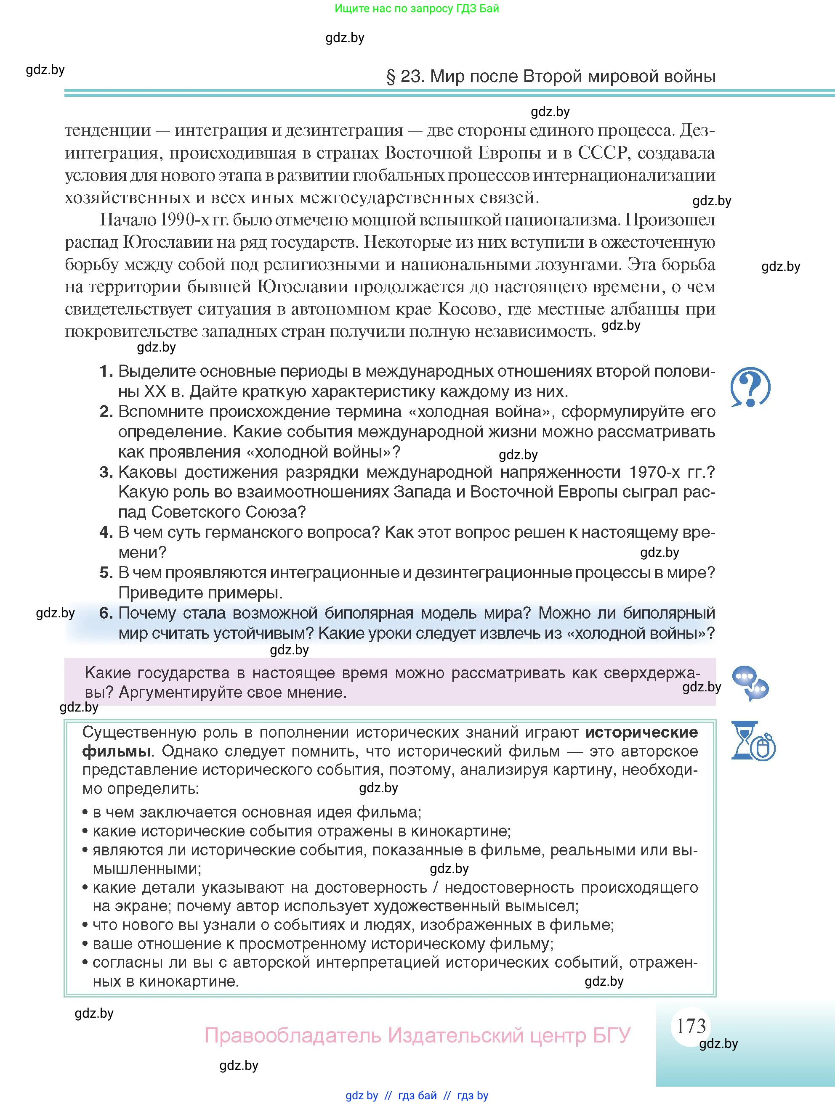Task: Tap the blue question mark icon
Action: point(750,387)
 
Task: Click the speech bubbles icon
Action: point(750,683)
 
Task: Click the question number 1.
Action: point(106,371)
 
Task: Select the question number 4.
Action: point(106,532)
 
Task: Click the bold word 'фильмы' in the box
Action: point(116,751)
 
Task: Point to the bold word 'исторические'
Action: point(641,732)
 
